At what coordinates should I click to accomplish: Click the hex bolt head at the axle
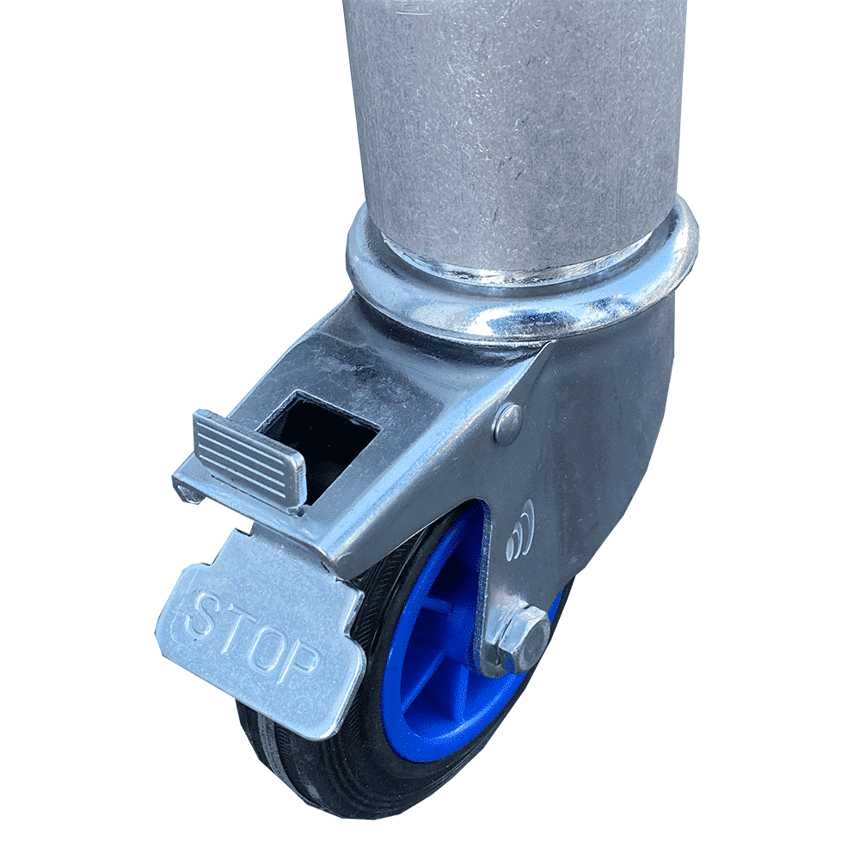pyautogui.click(x=529, y=641)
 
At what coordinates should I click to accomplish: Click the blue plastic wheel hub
pyautogui.click(x=430, y=654)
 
